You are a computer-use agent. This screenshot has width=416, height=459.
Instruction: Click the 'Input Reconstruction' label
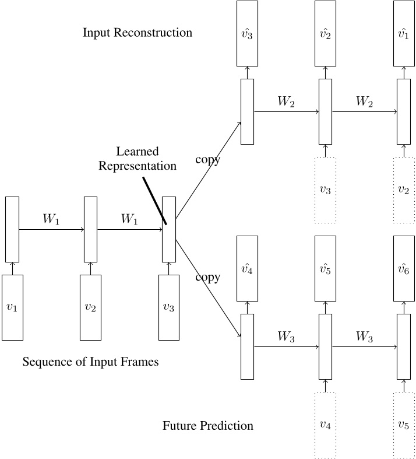138,33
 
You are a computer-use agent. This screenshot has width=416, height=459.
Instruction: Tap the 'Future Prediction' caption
208,426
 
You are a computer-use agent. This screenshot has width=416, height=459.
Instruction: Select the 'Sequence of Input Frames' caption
90,362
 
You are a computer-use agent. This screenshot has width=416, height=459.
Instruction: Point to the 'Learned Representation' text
138,159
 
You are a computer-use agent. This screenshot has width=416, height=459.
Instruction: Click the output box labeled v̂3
247,33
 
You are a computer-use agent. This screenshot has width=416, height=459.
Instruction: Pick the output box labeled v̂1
403,33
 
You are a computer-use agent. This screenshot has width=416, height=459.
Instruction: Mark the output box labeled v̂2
325,33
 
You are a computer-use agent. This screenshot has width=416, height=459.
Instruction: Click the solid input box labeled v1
12,307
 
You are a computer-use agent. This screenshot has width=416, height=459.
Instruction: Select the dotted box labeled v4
325,425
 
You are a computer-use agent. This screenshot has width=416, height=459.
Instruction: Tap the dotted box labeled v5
403,425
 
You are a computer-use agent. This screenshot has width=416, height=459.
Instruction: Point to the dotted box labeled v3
325,190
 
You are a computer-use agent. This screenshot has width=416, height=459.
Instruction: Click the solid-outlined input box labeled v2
90,307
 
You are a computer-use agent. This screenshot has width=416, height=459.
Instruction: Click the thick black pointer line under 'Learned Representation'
155,201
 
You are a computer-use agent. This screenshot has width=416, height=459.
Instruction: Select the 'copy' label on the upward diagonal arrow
208,160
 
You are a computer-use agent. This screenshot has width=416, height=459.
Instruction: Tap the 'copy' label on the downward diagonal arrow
208,277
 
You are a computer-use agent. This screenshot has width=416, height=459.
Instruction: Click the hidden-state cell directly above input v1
12,229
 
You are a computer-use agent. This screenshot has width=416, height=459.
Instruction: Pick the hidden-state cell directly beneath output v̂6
403,346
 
